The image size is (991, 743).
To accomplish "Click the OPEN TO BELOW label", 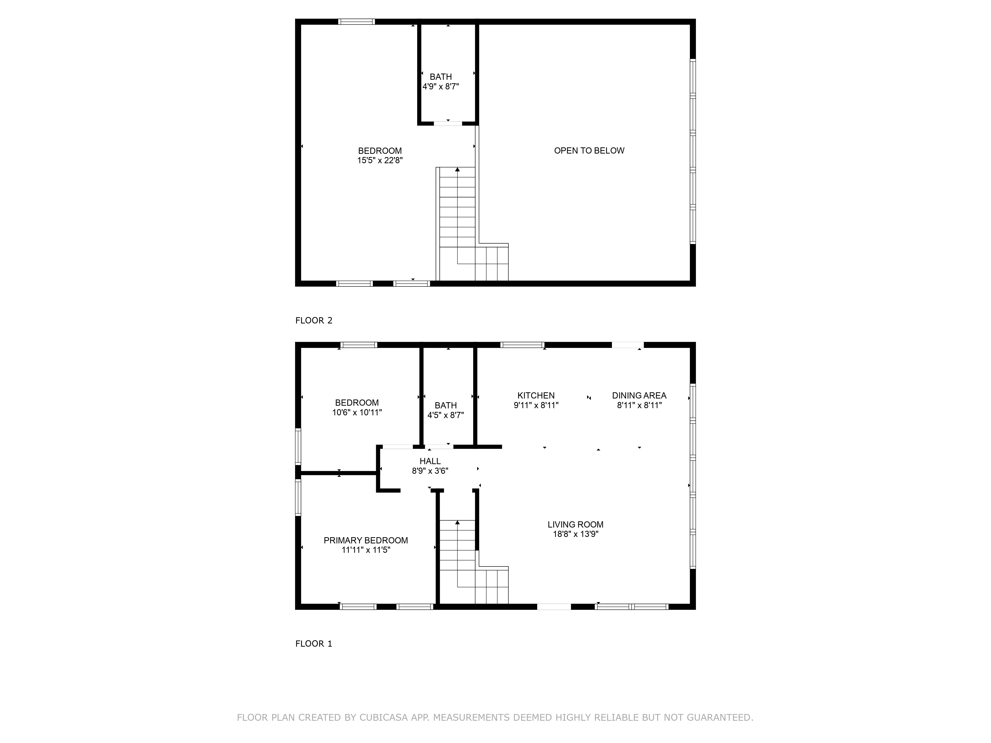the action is pyautogui.click(x=589, y=151).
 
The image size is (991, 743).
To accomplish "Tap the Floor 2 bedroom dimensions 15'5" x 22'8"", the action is pyautogui.click(x=380, y=160).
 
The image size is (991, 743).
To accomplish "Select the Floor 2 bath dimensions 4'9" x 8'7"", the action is pyautogui.click(x=441, y=86).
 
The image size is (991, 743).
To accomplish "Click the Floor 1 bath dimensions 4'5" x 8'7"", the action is pyautogui.click(x=446, y=415).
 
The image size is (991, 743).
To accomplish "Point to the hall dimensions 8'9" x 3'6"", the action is pyautogui.click(x=430, y=471).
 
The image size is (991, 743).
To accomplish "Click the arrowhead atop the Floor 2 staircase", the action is pyautogui.click(x=457, y=170).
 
